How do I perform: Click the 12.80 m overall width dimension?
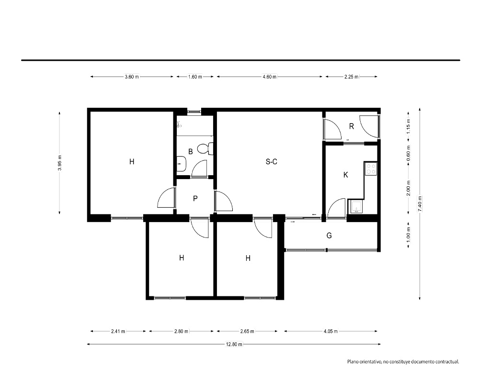point(234,344)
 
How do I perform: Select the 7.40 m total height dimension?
point(420,204)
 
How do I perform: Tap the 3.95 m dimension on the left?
point(59,163)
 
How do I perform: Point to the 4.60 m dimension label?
point(269,77)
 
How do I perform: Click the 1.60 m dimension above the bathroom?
point(195,77)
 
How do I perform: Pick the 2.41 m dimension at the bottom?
point(118,331)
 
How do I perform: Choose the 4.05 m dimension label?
point(331,331)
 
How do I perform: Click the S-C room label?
point(271,161)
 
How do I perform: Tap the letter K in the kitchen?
point(345,175)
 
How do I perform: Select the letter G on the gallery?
point(329,236)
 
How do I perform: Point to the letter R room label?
point(351,126)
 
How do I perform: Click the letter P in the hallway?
point(195,199)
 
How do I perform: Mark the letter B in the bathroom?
point(190,151)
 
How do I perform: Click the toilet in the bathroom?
point(205,149)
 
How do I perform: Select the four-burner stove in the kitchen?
point(371,169)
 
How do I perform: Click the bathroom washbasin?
point(181,164)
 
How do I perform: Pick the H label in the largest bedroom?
point(132,161)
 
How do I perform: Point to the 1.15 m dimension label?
point(409,126)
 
